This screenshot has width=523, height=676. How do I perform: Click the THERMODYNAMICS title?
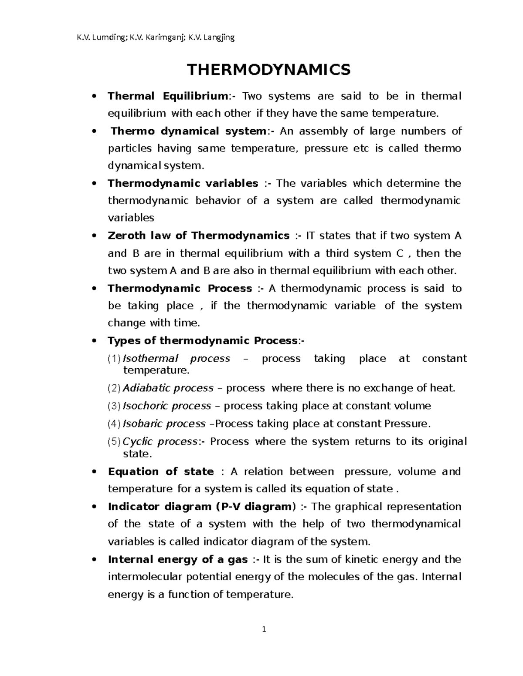(268, 70)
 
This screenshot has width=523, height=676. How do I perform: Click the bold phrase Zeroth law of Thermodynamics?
(198, 236)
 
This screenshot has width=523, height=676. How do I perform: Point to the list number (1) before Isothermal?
(114, 359)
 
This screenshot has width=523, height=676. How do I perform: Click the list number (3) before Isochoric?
(114, 406)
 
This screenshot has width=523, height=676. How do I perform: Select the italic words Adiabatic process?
(168, 388)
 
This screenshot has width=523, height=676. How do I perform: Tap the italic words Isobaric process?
(164, 424)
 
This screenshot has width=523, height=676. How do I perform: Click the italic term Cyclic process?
(160, 442)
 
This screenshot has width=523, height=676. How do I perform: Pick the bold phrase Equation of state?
(160, 472)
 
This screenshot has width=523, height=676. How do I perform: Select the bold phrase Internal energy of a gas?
(178, 559)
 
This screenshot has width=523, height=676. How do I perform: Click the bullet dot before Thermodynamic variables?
(94, 184)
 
